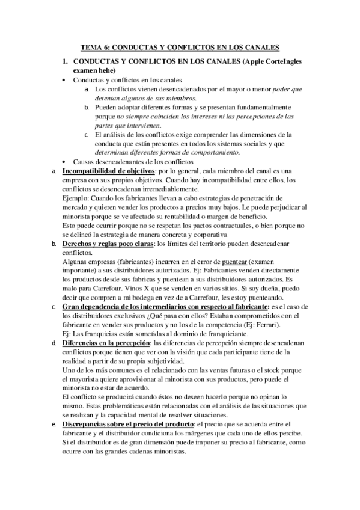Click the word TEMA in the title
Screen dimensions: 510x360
[x=92, y=48]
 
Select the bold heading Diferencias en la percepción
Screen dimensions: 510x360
[x=106, y=343]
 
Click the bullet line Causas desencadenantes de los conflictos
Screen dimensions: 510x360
[x=138, y=162]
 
